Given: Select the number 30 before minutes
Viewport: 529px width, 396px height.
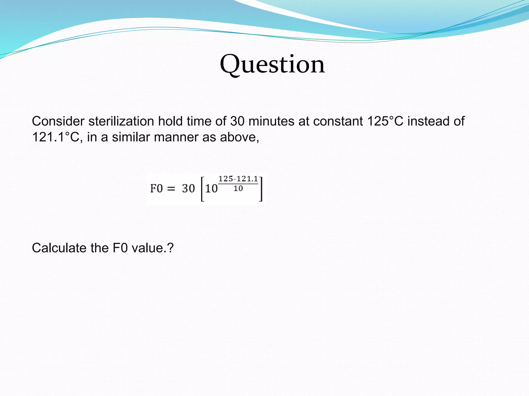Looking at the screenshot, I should tap(237, 121).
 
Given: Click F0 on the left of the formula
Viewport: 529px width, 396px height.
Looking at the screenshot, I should tap(156, 188).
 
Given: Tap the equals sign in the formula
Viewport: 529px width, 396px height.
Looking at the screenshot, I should tap(171, 189).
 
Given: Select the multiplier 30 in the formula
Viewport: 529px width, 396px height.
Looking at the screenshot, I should tap(188, 188).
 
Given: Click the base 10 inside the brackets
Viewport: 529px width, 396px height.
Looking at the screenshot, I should tap(211, 189).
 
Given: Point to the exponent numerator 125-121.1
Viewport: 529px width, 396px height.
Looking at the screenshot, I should tap(238, 179).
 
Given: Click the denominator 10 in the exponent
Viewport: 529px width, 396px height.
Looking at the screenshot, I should tap(238, 189).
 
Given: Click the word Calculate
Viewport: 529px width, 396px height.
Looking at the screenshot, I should tap(59, 248).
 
